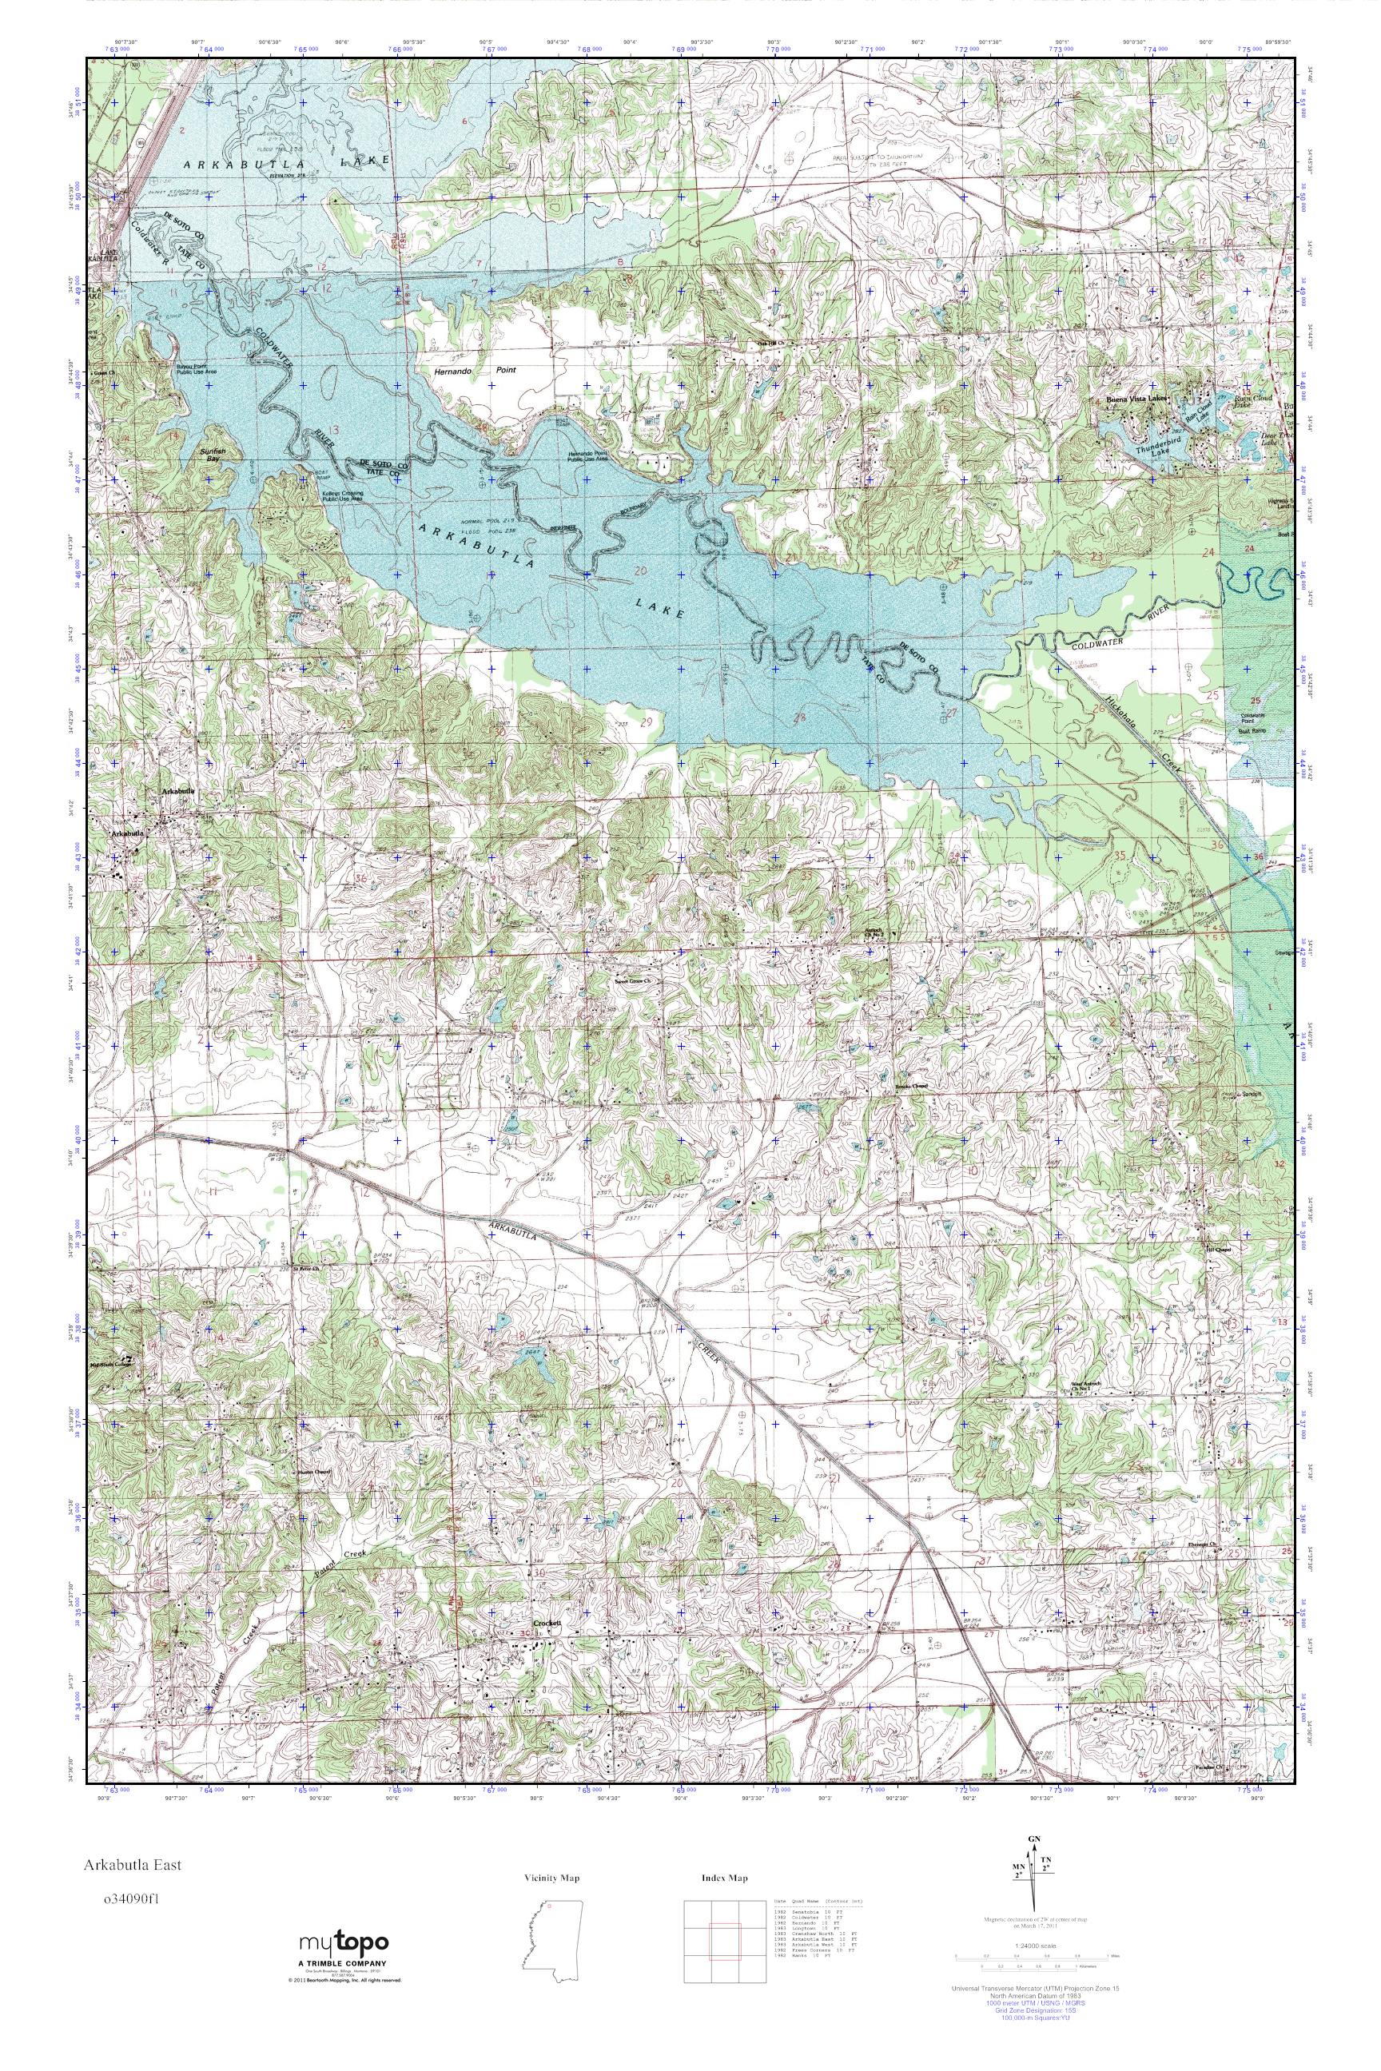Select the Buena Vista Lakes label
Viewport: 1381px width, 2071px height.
click(1137, 399)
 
